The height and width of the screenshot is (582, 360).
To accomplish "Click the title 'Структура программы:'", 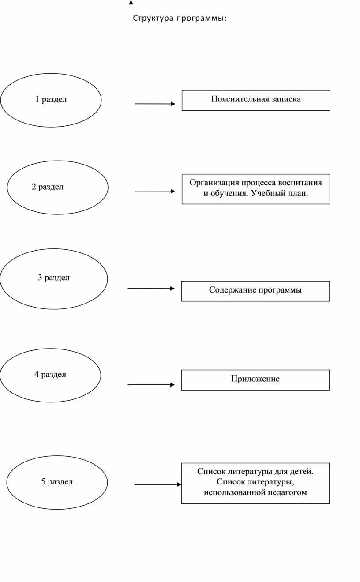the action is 180,19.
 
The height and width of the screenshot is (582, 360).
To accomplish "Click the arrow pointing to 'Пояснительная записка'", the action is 155,104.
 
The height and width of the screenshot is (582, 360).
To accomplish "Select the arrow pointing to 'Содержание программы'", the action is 151,289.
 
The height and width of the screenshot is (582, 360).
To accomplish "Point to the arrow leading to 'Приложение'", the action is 151,384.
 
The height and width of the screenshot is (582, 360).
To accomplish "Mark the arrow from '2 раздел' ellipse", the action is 155,191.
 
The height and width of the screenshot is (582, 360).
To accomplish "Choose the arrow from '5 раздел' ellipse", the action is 157,484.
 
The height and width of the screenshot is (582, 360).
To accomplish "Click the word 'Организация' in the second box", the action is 214,183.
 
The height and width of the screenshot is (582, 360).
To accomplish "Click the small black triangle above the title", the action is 131,3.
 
